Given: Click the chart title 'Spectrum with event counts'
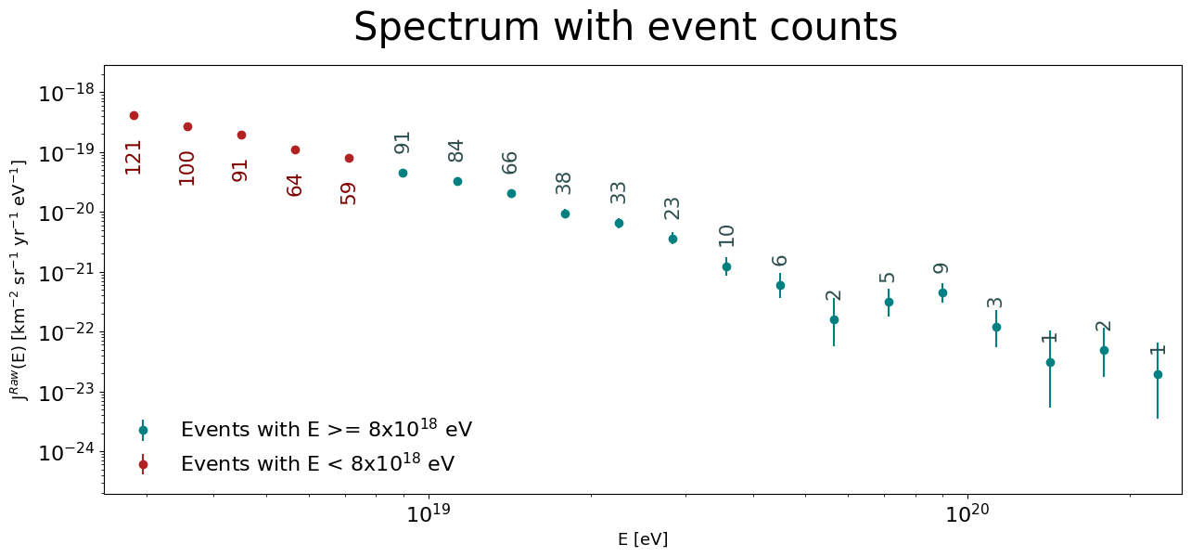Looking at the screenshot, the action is click(625, 27).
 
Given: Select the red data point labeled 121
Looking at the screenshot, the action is click(134, 115).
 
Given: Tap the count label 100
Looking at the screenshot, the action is click(187, 169).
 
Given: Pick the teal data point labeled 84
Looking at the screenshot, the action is click(457, 181).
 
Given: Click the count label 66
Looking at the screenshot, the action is click(509, 162).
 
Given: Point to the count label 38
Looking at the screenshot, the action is click(563, 184).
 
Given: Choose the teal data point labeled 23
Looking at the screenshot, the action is click(672, 239).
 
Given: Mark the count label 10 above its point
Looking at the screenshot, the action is click(726, 236).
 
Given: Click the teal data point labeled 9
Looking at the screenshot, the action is click(942, 292).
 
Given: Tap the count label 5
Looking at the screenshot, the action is click(887, 278).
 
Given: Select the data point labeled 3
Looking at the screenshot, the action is click(996, 327).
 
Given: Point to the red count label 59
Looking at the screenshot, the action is click(348, 194).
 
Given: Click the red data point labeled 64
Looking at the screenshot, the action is click(295, 150).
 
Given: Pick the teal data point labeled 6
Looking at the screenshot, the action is click(780, 286).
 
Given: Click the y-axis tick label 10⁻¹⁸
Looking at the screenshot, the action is click(66, 93).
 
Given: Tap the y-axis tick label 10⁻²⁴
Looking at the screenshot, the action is click(66, 452).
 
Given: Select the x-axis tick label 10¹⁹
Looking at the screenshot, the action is click(429, 512).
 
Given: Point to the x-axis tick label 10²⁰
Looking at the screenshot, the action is click(967, 512).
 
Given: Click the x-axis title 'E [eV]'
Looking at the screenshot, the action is click(643, 539).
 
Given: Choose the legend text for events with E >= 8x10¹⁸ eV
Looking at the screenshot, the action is click(327, 428).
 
